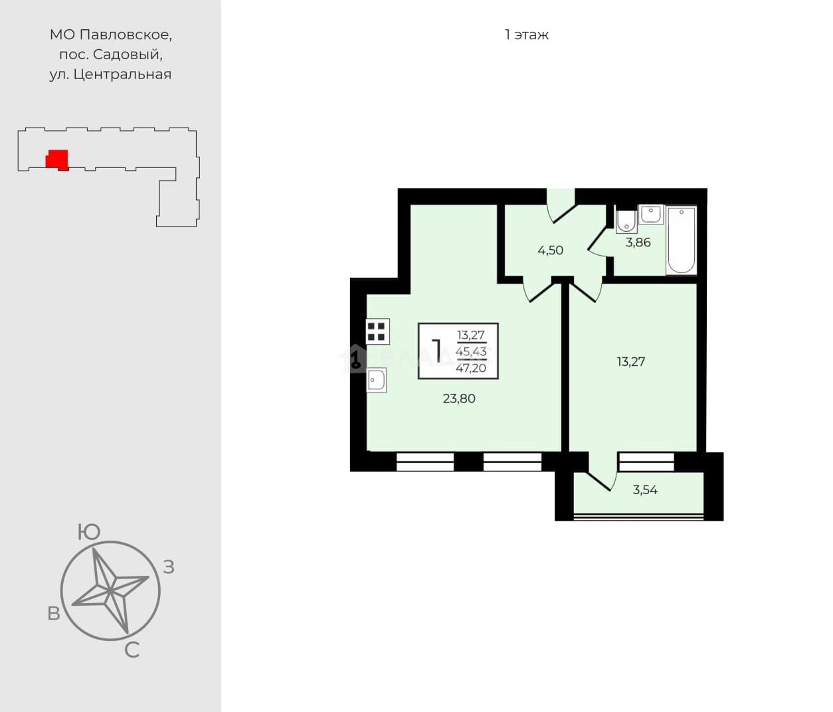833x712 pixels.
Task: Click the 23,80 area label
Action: [459, 399]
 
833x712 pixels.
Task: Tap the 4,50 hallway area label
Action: [550, 250]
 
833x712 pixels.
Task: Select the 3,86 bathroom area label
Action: [638, 242]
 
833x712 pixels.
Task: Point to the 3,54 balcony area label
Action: [645, 490]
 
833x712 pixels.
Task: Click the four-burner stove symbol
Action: [377, 331]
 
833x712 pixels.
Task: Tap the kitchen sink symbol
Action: [377, 380]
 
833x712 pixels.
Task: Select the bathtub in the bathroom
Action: [682, 240]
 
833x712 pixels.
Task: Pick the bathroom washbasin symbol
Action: [651, 214]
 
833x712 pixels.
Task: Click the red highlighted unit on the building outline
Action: [57, 160]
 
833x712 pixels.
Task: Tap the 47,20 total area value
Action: [471, 368]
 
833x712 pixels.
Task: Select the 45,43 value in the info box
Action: [471, 351]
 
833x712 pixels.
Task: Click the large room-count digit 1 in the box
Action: [436, 351]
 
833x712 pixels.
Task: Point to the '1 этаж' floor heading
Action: [527, 35]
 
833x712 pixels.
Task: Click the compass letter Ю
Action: [88, 532]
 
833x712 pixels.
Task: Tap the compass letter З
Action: [169, 567]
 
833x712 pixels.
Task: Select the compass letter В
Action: [54, 614]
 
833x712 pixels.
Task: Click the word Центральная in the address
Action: [122, 74]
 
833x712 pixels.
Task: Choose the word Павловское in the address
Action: [126, 35]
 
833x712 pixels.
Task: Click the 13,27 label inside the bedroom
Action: [630, 361]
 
